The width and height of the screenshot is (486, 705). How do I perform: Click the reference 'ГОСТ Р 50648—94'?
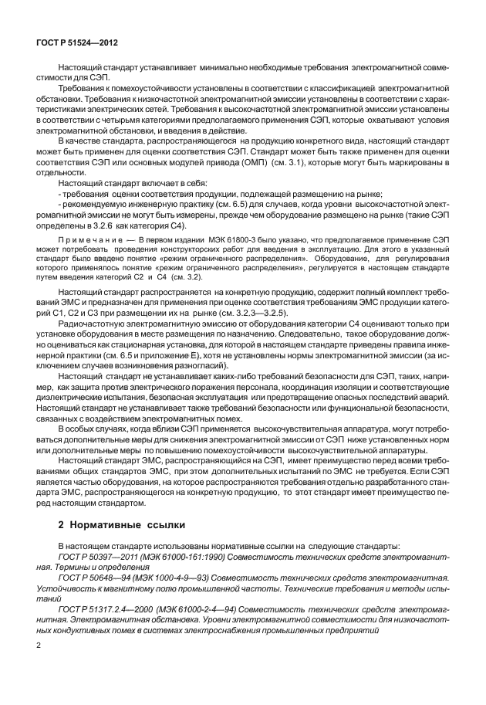(90, 577)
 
